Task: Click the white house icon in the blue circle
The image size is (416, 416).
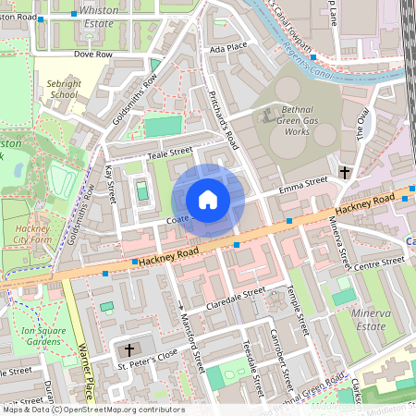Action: (208, 199)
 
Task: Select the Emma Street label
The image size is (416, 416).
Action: (304, 185)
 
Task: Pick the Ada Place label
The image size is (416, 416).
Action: (228, 47)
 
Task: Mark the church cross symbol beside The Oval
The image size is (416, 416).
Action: (345, 173)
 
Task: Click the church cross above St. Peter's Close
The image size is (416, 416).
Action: (128, 349)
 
